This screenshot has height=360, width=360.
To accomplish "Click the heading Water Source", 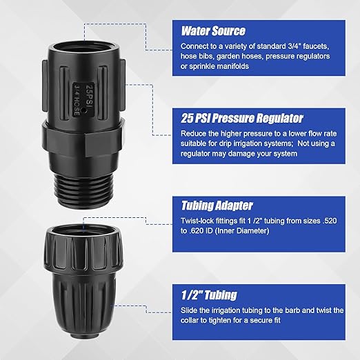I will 213,30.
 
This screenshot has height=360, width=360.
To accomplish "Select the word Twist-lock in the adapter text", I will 197,222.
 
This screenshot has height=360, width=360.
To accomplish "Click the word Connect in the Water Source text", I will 194,46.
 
